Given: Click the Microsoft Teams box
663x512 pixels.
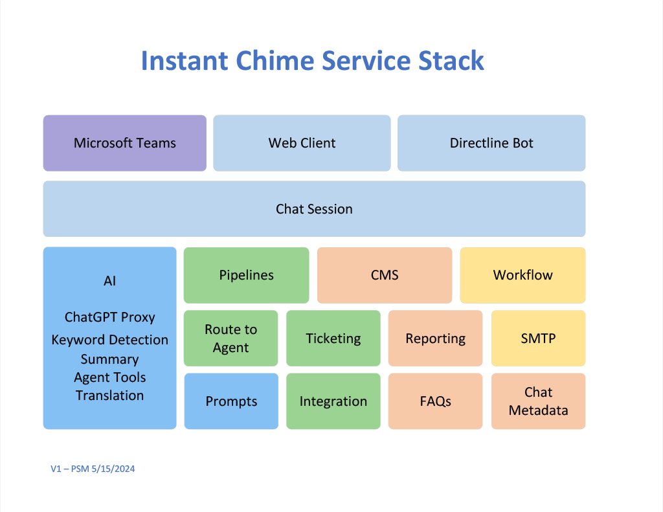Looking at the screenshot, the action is point(125,143).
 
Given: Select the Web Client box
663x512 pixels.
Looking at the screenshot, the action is point(302,143).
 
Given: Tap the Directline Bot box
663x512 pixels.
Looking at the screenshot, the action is point(491,143).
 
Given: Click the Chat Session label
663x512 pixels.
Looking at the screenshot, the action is point(314,209).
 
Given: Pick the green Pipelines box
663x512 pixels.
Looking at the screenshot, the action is point(247,275).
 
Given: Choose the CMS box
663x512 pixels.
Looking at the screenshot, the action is point(385,275).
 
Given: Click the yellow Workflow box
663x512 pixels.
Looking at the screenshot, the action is point(523,275).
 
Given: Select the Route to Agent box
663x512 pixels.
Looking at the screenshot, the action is point(231,339).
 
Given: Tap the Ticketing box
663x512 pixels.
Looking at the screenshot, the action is point(333,339).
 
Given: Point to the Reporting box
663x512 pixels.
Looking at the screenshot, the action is point(436,339).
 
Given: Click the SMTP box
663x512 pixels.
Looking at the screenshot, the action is point(538,339).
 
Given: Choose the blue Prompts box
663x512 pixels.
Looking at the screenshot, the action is point(231,401).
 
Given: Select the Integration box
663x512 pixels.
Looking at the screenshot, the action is point(333,401).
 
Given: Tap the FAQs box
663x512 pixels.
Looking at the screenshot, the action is point(436,401).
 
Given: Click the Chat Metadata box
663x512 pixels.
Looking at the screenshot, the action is point(538,401).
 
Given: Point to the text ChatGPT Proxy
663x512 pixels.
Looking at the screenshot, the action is point(110,318).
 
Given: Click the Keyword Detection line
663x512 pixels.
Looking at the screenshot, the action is point(110,340).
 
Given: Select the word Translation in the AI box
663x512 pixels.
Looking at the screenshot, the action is point(110,395).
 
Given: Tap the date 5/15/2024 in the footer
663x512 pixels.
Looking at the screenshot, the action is point(113,469).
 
